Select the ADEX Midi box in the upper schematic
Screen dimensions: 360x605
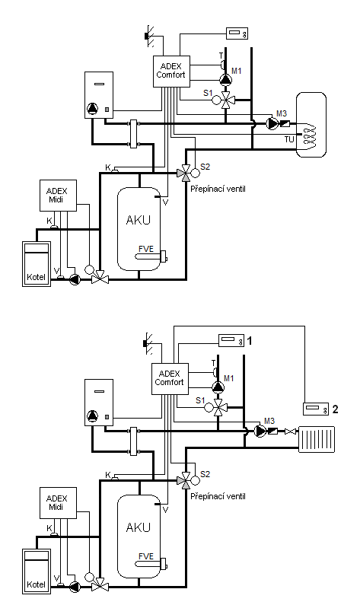click(x=59, y=196)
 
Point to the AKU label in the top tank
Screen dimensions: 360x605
click(x=138, y=220)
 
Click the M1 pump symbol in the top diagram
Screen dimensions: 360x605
click(x=225, y=80)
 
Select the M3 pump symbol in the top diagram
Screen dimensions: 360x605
click(x=272, y=123)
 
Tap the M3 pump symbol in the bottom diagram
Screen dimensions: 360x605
click(x=260, y=431)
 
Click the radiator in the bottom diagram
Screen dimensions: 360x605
click(x=317, y=439)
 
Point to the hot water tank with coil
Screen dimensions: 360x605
click(x=311, y=125)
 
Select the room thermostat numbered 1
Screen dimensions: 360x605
click(x=231, y=340)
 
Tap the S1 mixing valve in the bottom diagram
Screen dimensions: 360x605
click(x=218, y=407)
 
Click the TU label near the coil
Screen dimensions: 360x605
click(x=289, y=140)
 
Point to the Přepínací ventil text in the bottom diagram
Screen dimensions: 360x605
click(x=218, y=497)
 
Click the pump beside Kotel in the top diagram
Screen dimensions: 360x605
click(x=75, y=279)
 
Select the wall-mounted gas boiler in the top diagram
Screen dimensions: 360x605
click(x=99, y=95)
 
